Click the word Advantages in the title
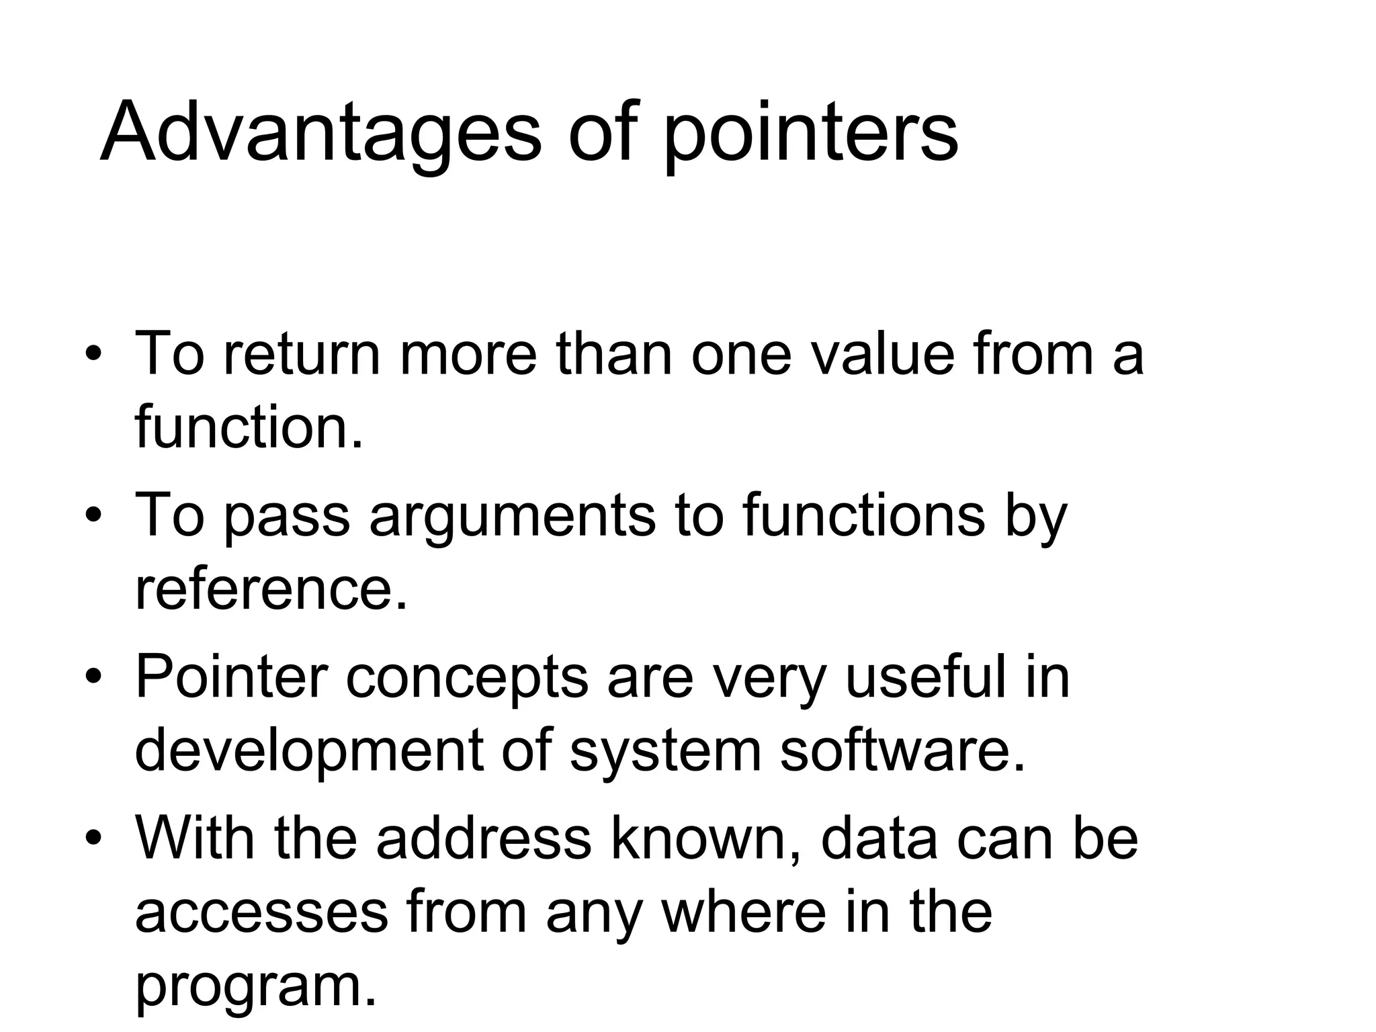(320, 132)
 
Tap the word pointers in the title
(811, 134)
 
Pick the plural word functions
(863, 515)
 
